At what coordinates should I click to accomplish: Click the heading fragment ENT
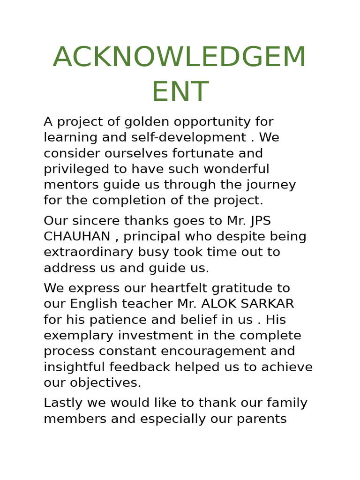click(x=180, y=92)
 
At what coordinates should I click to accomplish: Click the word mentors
click(x=70, y=185)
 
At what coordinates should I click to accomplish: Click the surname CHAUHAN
click(x=77, y=237)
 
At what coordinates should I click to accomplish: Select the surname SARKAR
click(x=267, y=304)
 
